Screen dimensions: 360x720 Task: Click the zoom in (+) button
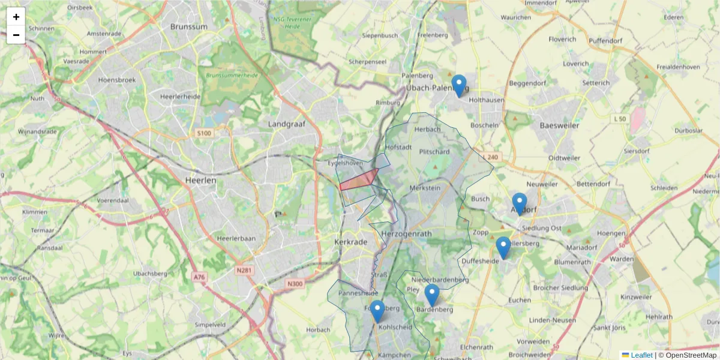click(16, 17)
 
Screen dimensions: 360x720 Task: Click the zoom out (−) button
click(16, 35)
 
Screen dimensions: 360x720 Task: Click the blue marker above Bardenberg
click(432, 295)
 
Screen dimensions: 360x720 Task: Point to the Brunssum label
click(188, 26)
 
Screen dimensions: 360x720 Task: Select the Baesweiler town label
click(559, 125)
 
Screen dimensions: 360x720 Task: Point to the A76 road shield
click(199, 277)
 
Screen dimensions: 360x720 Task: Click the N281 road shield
click(244, 271)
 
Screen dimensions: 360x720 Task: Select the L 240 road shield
click(490, 157)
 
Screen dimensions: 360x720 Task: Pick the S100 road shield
click(204, 133)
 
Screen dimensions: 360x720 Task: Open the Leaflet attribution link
click(641, 355)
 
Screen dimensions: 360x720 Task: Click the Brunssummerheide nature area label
click(232, 76)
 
